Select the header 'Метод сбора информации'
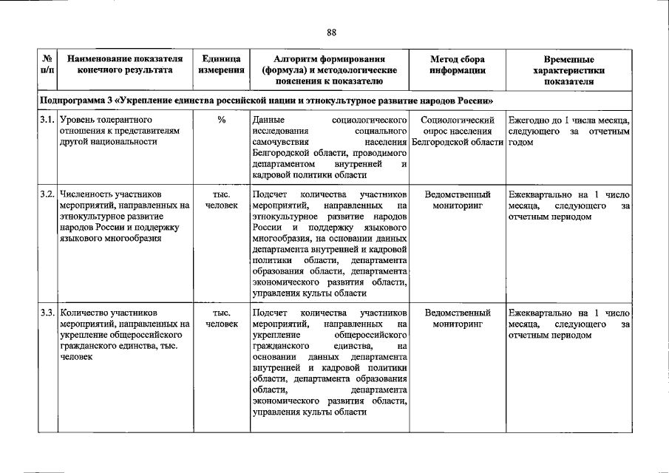tap(458, 64)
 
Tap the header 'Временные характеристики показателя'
tap(568, 70)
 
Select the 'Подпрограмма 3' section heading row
tap(266, 101)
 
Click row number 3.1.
tap(47, 120)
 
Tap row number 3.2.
tap(47, 195)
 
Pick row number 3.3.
tap(47, 313)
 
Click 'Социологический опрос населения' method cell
tap(458, 130)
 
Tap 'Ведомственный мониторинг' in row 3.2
tap(458, 200)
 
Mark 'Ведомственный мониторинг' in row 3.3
tap(458, 319)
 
